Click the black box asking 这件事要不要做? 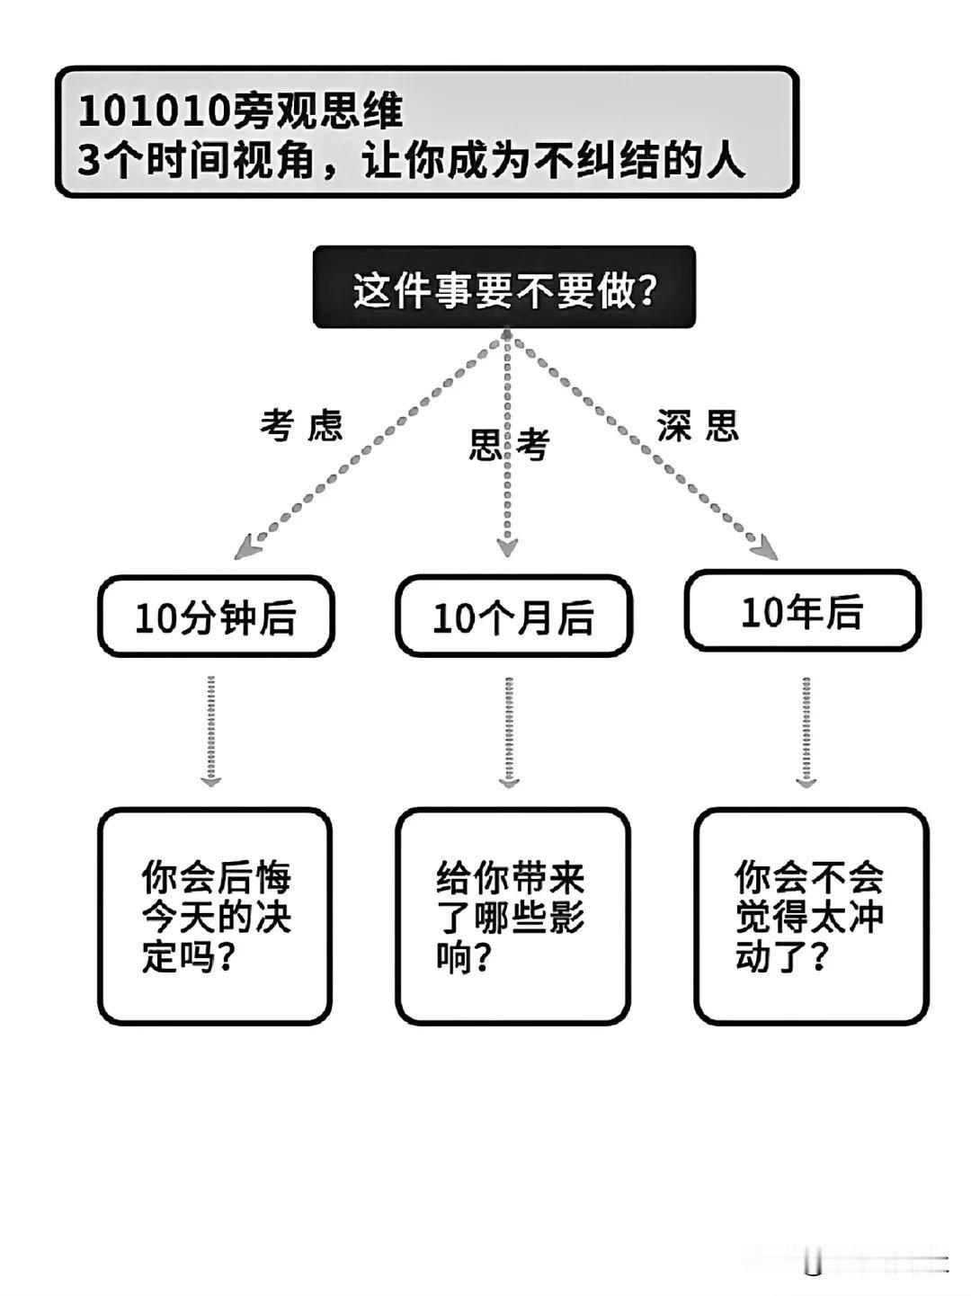point(503,287)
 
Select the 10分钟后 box point(216,617)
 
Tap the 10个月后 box point(514,617)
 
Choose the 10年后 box point(803,610)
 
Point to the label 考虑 point(301,424)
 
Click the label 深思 point(698,424)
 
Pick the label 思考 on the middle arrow point(509,444)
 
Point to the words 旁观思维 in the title point(317,111)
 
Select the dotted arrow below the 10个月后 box point(509,732)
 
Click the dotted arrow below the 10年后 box point(806,732)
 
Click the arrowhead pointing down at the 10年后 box point(766,547)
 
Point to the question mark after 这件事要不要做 point(646,288)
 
